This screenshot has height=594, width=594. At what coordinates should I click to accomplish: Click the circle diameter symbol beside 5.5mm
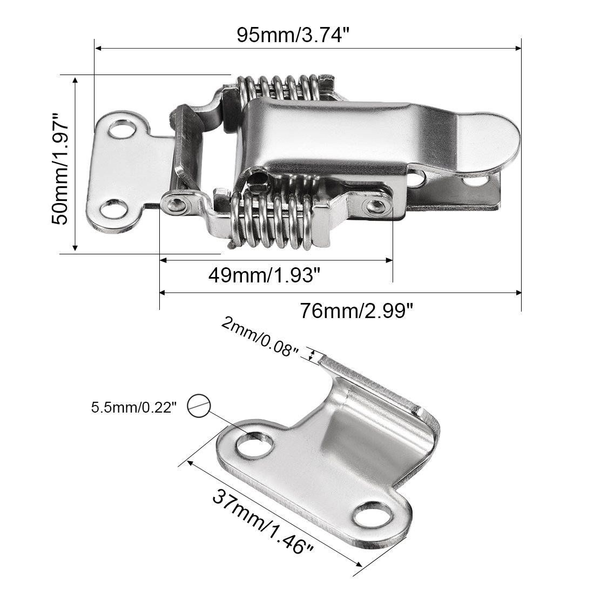point(199,405)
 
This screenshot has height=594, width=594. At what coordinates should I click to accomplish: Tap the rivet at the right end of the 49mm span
point(375,205)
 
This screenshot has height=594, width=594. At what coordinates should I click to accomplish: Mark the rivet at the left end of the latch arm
point(175,204)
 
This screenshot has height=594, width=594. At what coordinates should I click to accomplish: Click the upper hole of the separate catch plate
point(254,444)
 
